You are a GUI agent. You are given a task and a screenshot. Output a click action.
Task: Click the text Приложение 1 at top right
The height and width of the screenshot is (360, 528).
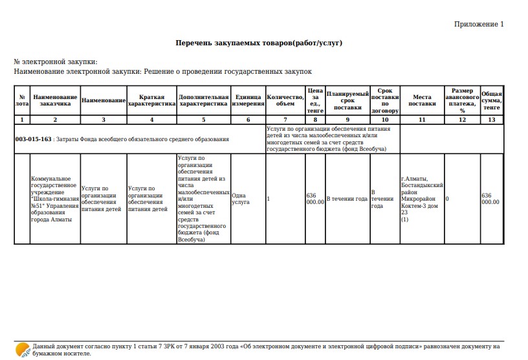[478, 24]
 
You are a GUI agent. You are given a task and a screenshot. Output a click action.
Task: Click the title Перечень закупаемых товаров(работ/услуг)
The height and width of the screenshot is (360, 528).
[259, 43]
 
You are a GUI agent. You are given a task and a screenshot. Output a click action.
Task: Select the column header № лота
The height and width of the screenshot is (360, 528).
[21, 100]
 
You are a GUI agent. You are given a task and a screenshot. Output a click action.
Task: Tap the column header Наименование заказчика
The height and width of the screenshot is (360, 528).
[55, 100]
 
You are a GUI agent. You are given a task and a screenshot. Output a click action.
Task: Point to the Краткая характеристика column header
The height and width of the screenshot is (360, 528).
[151, 100]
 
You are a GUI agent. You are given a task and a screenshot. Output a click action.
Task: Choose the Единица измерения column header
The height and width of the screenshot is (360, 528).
[248, 100]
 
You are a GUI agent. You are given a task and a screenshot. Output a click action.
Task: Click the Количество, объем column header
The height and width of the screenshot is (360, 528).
[285, 100]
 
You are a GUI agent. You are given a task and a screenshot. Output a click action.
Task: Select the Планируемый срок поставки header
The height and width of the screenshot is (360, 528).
[347, 100]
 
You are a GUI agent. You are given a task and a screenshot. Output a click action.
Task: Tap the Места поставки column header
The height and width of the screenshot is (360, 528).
[423, 100]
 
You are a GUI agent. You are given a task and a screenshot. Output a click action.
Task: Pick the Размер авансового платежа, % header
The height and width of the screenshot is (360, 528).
[462, 100]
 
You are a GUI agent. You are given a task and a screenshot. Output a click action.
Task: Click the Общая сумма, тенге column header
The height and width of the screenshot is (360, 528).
[492, 100]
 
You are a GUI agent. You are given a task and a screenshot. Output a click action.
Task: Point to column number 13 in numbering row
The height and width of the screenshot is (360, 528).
[492, 120]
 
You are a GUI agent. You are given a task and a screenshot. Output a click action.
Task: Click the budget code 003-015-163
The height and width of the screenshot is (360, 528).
[34, 139]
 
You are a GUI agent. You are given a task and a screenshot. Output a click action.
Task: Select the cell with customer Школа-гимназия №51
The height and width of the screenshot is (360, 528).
[54, 199]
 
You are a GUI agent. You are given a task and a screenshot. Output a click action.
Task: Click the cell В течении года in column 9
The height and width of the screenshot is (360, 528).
[347, 199]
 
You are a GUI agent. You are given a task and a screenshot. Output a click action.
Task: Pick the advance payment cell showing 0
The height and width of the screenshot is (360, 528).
[447, 199]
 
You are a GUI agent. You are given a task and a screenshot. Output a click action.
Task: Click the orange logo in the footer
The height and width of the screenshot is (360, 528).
[21, 350]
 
